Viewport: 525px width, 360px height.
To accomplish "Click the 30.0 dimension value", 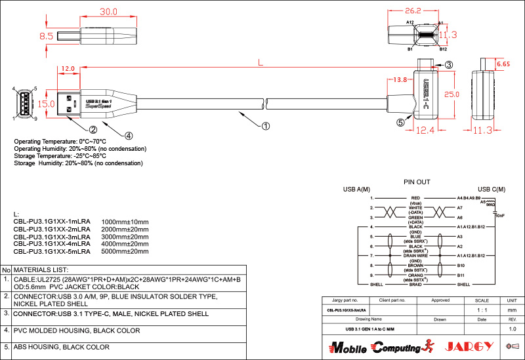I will (108, 12).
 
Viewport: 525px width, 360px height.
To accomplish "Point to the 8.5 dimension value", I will (47, 37).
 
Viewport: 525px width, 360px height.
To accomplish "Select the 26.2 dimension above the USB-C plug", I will (413, 11).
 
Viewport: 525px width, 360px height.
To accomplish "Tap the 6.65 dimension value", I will (503, 64).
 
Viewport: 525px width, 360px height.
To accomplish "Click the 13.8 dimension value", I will (399, 79).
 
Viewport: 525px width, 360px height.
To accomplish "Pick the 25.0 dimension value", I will (451, 94).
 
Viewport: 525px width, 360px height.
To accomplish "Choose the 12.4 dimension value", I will (425, 130).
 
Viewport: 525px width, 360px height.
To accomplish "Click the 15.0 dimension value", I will (46, 104).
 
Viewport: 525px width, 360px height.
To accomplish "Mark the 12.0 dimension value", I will (68, 68).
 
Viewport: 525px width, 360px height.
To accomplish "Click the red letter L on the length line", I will (261, 63).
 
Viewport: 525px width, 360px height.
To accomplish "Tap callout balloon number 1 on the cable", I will (266, 125).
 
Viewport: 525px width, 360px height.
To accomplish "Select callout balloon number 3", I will (449, 64).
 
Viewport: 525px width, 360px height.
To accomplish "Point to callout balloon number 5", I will (400, 122).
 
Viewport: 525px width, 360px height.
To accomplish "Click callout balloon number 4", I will (129, 136).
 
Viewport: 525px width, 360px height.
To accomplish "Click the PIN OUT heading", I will (416, 182).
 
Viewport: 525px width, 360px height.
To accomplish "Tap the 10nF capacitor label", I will (500, 215).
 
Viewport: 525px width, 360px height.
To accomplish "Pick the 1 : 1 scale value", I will (482, 310).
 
